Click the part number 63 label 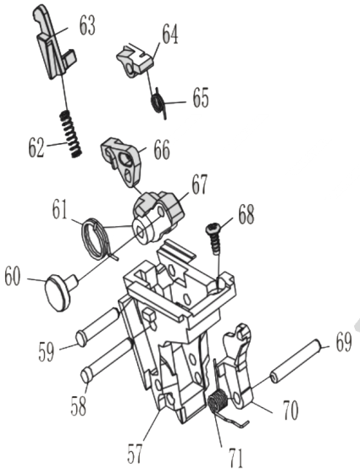pyautogui.click(x=86, y=26)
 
